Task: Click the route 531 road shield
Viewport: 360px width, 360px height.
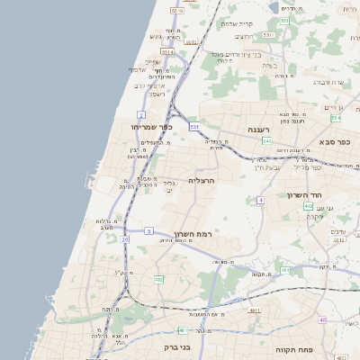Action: [193, 127]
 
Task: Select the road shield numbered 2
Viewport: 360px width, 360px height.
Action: [140, 114]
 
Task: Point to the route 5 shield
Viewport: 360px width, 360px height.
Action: [148, 231]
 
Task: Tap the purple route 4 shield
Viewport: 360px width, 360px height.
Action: [261, 200]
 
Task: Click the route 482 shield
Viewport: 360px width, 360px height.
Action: [158, 279]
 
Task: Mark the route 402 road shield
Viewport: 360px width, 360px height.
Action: [309, 206]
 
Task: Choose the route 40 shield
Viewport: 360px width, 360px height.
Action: [323, 319]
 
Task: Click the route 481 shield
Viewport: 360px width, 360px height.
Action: [284, 270]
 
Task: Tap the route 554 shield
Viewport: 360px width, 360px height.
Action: [336, 117]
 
